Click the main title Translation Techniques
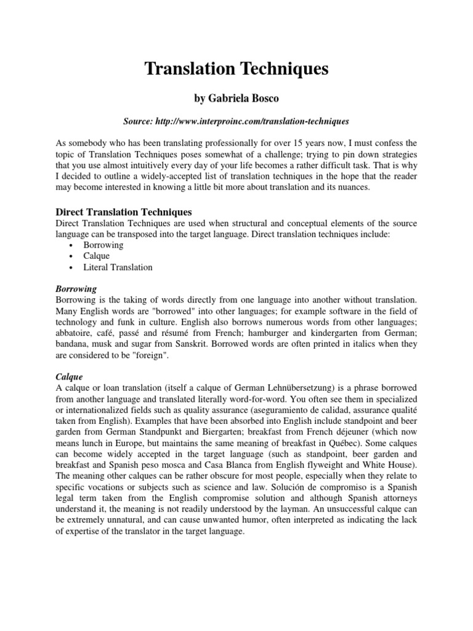[x=236, y=69]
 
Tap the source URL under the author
[x=236, y=122]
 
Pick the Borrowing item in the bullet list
[x=103, y=245]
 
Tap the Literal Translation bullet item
[x=118, y=267]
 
